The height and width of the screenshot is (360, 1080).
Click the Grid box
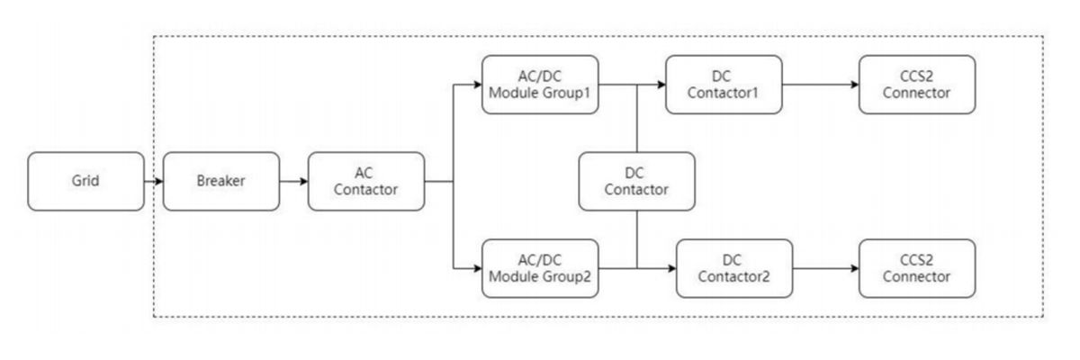[85, 181]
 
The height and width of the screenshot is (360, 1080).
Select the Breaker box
[220, 181]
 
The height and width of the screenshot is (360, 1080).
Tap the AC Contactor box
[366, 181]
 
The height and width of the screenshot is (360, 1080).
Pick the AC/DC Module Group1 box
[541, 85]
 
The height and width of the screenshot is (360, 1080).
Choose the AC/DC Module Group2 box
[541, 268]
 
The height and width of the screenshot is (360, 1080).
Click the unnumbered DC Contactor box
[636, 181]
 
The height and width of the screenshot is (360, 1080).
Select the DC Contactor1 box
[724, 85]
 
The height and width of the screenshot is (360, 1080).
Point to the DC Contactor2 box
[734, 268]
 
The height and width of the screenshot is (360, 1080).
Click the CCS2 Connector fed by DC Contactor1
[917, 85]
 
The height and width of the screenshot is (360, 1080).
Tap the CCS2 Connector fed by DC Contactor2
[917, 268]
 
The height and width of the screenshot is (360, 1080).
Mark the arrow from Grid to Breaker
[154, 181]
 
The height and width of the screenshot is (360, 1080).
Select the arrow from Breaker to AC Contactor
[293, 181]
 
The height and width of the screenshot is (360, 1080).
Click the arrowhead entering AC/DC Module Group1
[477, 85]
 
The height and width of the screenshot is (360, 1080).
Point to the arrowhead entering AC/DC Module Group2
[477, 268]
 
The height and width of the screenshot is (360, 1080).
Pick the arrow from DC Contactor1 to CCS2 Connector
[820, 85]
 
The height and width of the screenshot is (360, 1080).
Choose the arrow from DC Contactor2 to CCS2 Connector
[825, 268]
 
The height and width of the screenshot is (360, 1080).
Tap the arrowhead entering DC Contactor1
[661, 85]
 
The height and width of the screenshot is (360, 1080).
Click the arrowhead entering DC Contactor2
[671, 268]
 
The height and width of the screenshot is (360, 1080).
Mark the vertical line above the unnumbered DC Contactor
[636, 118]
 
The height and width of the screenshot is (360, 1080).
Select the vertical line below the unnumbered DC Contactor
[636, 238]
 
